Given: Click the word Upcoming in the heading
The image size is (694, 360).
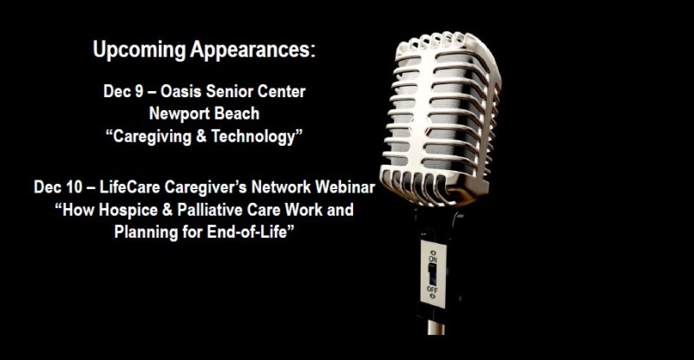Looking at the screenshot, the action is click(x=140, y=50).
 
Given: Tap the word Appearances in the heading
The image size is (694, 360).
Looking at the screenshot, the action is click(x=252, y=50).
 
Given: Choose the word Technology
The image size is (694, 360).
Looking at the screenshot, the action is click(x=252, y=137).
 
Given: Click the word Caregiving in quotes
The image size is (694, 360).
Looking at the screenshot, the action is click(x=149, y=137).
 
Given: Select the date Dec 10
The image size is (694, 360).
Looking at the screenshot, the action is click(x=58, y=187).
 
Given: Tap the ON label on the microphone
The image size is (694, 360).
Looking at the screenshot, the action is click(x=432, y=258).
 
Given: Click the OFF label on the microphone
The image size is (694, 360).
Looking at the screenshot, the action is click(x=432, y=290).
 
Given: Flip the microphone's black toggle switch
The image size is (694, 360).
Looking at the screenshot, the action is click(x=432, y=274).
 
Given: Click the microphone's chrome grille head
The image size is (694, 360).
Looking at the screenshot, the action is click(x=441, y=119).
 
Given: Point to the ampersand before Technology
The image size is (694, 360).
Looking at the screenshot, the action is click(x=201, y=136).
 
